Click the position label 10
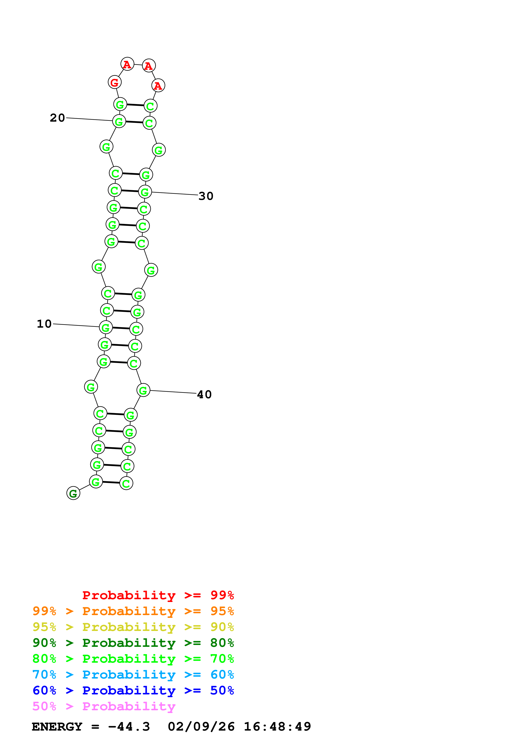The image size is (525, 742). (x=44, y=324)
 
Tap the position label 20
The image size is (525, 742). (x=57, y=118)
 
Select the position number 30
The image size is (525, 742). (x=206, y=196)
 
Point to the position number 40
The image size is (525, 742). (x=204, y=395)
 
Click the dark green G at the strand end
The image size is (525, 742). (x=73, y=493)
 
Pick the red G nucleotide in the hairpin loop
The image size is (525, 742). (x=115, y=82)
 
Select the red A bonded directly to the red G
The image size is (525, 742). (x=127, y=64)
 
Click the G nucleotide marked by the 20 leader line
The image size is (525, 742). (x=119, y=121)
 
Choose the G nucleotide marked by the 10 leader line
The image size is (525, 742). (x=105, y=328)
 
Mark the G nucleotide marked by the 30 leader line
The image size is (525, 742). (x=145, y=192)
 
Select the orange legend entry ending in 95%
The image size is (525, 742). (x=133, y=611)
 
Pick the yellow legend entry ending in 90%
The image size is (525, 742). (x=133, y=627)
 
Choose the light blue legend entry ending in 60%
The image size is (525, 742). (x=133, y=675)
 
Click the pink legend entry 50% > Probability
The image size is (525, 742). (x=104, y=706)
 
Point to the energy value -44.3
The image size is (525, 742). (x=129, y=727)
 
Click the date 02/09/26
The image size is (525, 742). (x=201, y=727)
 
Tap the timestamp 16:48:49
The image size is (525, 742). (x=277, y=727)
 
